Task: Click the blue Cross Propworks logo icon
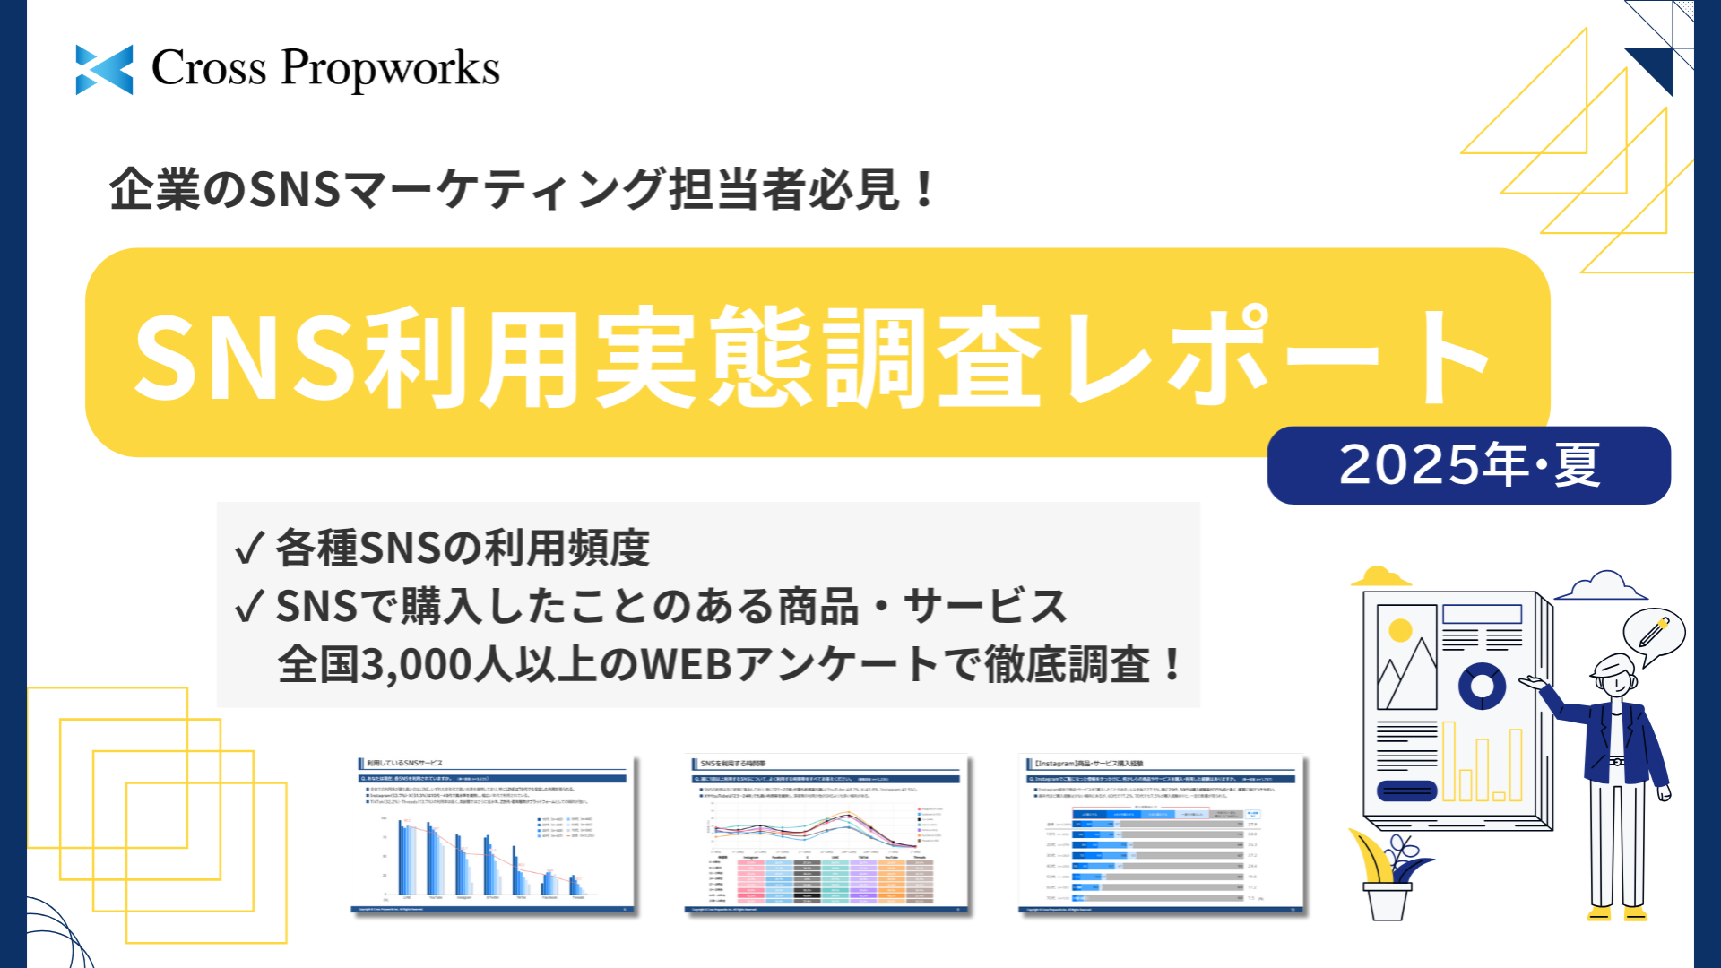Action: (x=104, y=69)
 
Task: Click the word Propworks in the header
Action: (x=390, y=69)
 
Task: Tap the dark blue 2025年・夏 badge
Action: (x=1468, y=465)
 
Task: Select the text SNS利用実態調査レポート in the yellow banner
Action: (x=811, y=356)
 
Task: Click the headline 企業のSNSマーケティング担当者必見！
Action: (x=523, y=189)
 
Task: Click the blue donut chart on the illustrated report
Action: (x=1482, y=686)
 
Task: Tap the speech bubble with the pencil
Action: (x=1654, y=634)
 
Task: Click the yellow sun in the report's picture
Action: (x=1400, y=630)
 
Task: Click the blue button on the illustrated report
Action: (x=1406, y=790)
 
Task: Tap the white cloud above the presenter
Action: (x=1602, y=586)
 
